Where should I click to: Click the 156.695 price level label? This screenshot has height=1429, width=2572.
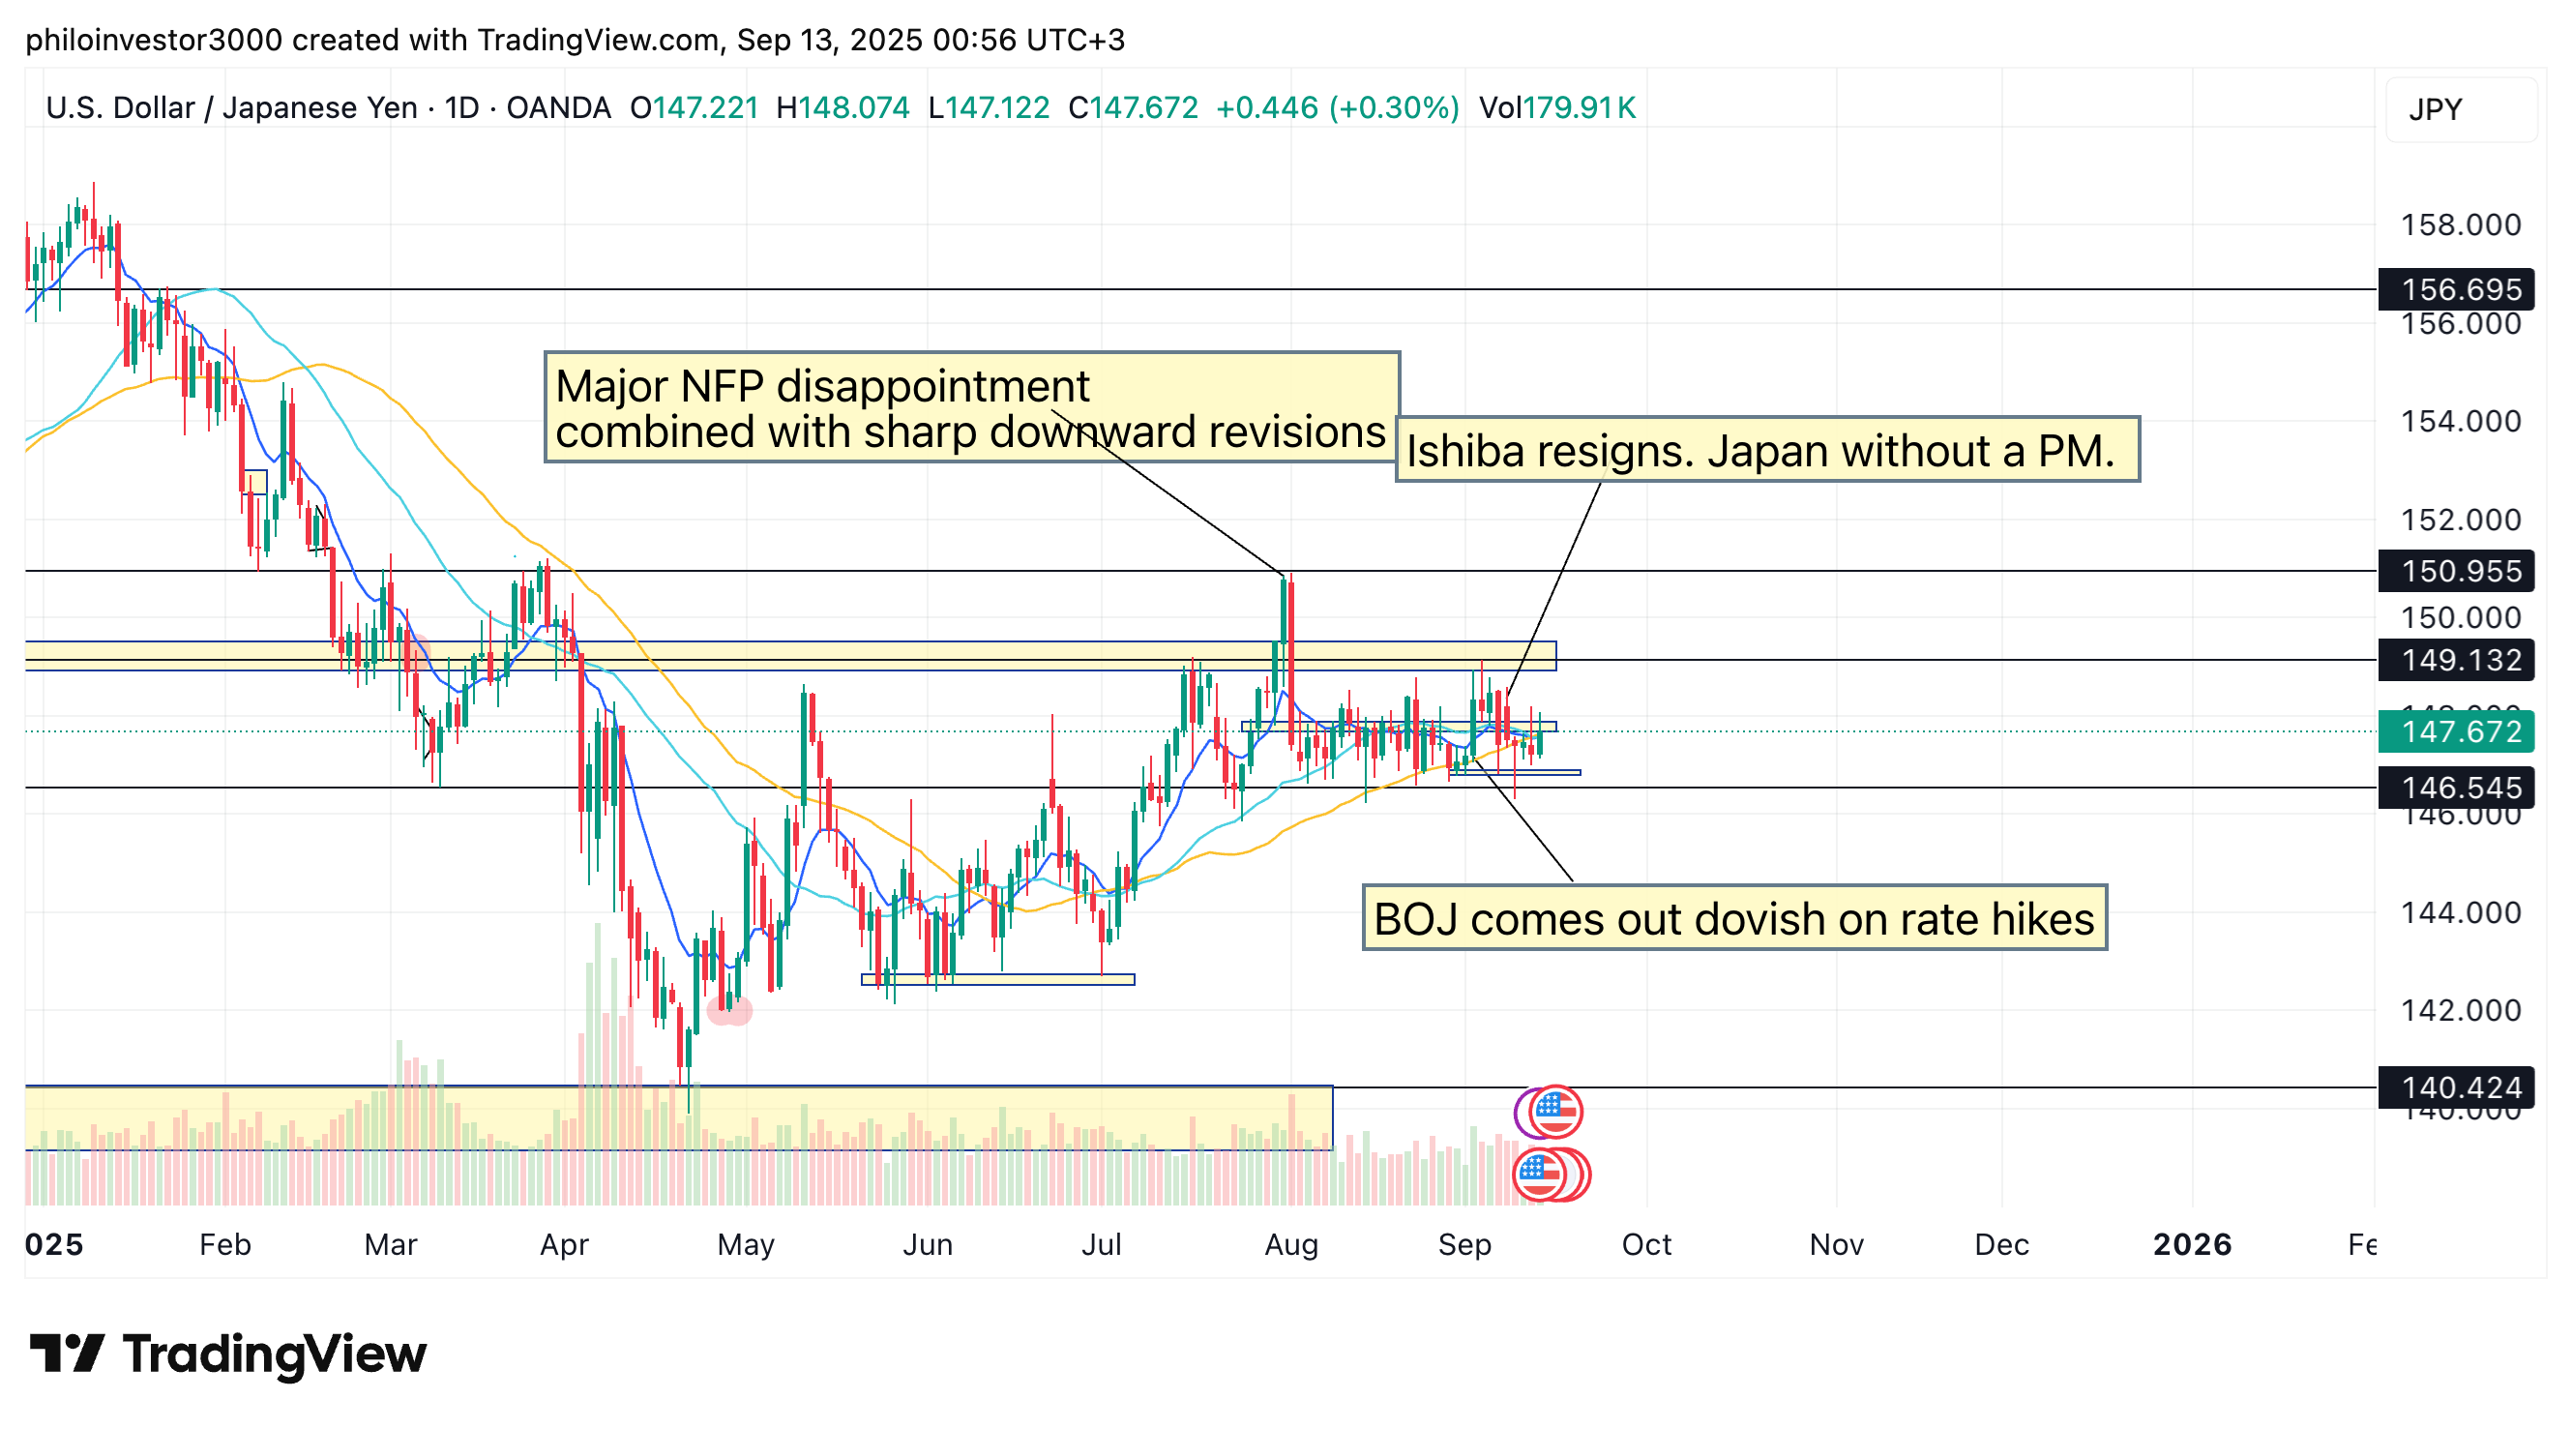2460,289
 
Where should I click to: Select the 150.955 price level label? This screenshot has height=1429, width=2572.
2460,571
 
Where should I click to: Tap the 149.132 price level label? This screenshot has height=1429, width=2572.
2460,660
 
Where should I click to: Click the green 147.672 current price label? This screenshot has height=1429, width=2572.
2460,732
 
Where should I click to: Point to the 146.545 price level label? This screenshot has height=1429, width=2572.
2460,788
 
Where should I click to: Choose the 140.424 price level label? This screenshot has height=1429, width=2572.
2460,1087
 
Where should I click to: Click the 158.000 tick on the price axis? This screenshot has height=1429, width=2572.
2460,224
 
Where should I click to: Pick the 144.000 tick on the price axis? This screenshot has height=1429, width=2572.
2460,912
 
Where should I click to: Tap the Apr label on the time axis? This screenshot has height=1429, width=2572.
564,1245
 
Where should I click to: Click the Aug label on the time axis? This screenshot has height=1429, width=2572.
1291,1245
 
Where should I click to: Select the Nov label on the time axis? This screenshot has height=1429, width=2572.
1836,1245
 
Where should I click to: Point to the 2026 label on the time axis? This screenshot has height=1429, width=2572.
2192,1245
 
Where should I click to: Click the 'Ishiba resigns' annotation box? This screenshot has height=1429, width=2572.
1766,450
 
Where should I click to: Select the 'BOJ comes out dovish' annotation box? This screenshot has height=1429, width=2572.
1734,918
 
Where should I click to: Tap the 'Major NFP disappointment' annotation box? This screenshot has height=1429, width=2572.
970,407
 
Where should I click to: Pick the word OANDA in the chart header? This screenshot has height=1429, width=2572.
558,107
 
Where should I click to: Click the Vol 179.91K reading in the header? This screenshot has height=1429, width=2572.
1556,107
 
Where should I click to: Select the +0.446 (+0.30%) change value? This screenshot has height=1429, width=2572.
1337,107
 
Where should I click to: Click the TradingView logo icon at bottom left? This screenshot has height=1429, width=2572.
66,1355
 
